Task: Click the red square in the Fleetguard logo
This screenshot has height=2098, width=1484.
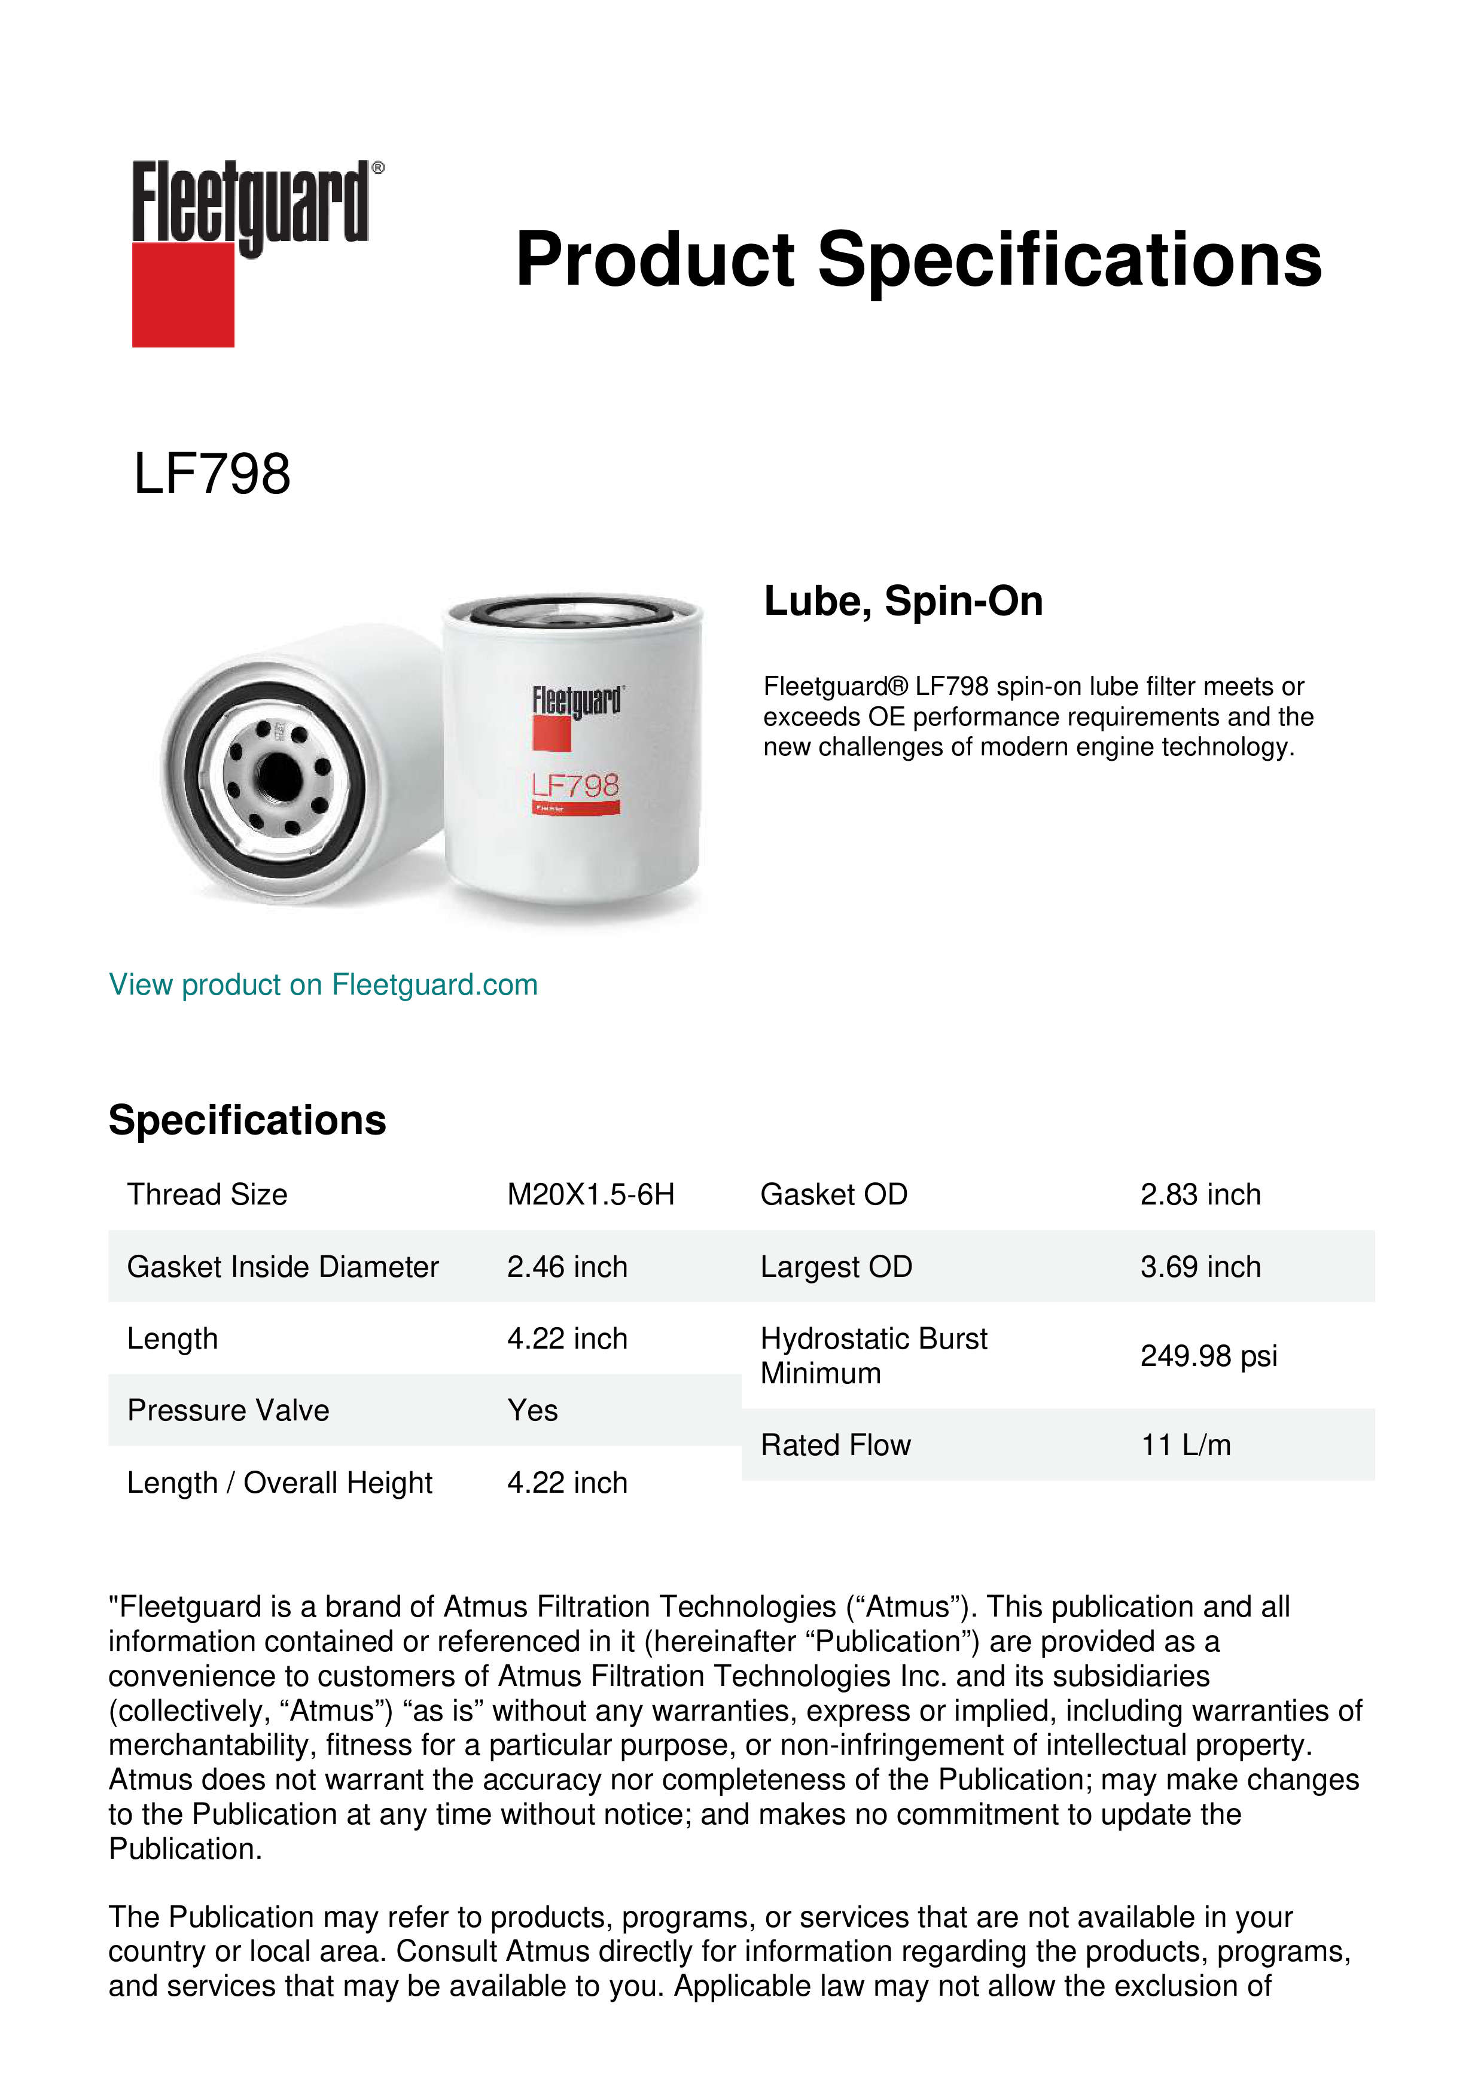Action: (x=183, y=294)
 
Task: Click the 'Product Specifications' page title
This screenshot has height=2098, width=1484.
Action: (x=918, y=260)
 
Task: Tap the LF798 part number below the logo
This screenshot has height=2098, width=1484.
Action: (x=212, y=474)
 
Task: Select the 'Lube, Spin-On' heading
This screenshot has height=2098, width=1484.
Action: (x=903, y=601)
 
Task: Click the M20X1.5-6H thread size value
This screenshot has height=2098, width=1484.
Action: (x=590, y=1194)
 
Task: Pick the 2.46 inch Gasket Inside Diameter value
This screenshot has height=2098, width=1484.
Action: (x=566, y=1267)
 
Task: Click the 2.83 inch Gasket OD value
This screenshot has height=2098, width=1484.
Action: (x=1200, y=1194)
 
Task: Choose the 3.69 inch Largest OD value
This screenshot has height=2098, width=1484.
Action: (x=1200, y=1267)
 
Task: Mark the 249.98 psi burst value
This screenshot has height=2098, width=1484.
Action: (x=1208, y=1356)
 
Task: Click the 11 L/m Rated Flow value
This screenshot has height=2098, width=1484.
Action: (x=1185, y=1445)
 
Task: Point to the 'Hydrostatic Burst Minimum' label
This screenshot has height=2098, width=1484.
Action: (x=873, y=1356)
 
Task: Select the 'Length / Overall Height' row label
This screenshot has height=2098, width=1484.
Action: (x=279, y=1482)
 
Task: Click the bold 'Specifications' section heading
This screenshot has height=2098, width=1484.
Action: (x=246, y=1120)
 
